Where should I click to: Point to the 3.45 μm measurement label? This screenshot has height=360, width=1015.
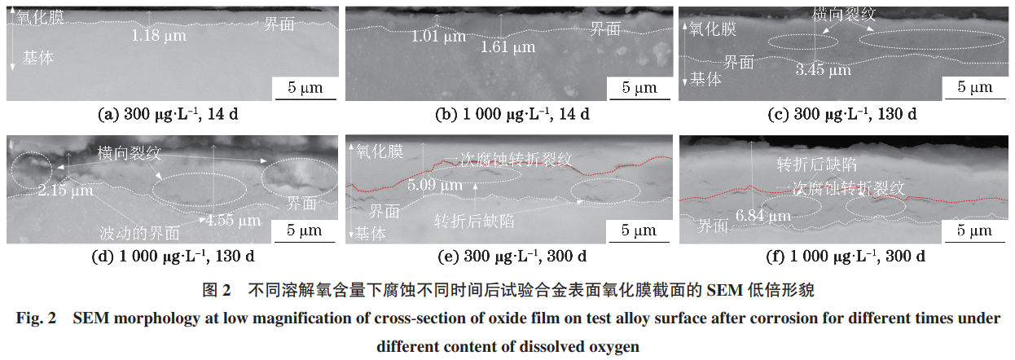tap(823, 70)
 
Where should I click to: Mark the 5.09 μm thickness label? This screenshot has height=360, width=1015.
tap(435, 186)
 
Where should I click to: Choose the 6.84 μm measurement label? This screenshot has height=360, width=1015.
tap(762, 216)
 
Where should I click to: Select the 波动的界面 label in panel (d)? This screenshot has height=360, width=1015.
tap(138, 233)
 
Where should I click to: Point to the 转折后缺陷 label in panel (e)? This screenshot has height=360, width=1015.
tap(473, 221)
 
